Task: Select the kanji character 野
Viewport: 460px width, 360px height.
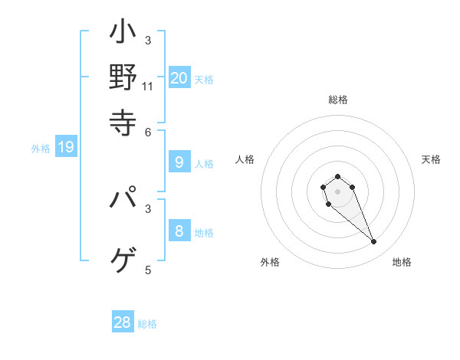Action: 123,77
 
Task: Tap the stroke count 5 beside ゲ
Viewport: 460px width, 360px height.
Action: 148,270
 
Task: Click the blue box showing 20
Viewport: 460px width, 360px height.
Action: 179,77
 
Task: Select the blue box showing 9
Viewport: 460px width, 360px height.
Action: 179,162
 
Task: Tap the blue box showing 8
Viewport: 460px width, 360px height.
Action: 179,231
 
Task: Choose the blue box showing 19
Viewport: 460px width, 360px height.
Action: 65,147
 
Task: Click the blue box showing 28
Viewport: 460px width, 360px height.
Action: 123,322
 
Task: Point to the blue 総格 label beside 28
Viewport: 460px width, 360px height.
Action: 147,324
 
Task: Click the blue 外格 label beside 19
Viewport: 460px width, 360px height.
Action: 41,149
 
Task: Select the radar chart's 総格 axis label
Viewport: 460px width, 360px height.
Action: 337,100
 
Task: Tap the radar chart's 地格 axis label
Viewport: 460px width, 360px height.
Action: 402,262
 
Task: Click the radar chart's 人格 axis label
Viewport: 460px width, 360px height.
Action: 245,159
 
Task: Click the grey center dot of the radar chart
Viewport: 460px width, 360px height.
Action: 337,191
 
